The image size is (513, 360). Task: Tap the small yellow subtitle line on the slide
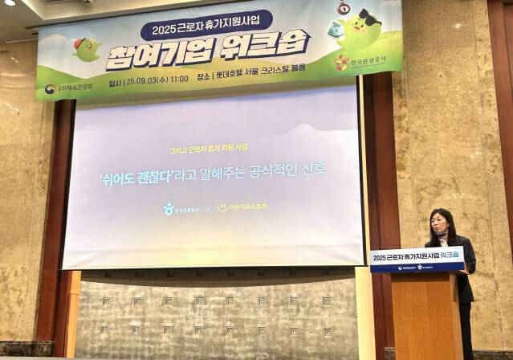click(208, 148)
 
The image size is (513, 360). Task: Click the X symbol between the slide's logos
click(208, 208)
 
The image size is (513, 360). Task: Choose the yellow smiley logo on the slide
click(222, 207)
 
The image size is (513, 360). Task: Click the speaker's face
click(442, 220)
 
